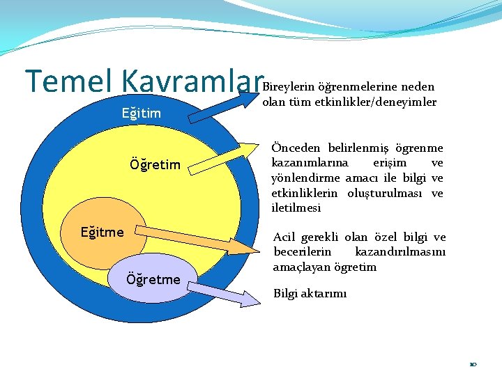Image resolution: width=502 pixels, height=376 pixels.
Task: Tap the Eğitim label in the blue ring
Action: coord(141,113)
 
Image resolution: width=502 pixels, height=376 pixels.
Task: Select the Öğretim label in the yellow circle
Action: coord(155,165)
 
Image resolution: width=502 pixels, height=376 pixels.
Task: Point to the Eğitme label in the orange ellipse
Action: coord(102,231)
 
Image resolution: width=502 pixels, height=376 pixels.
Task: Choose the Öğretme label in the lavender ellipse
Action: coord(153,279)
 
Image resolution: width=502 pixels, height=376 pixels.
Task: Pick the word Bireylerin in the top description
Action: coord(288,87)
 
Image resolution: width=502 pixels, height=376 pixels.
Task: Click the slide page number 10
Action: coord(473,363)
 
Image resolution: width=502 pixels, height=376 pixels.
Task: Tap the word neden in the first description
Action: coord(418,87)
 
